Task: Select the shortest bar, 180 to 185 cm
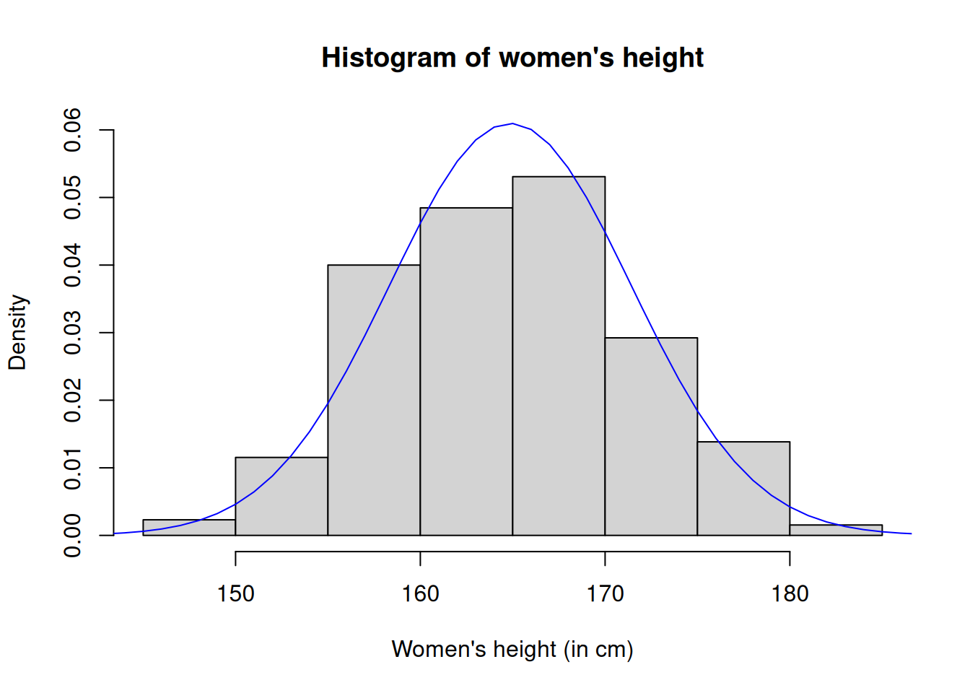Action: (x=836, y=530)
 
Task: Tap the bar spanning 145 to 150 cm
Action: (x=189, y=527)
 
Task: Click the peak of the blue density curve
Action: (x=512, y=123)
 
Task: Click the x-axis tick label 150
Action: (x=235, y=594)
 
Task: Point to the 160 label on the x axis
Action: (x=420, y=594)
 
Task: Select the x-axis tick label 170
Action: (x=605, y=594)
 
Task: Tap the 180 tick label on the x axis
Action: (x=790, y=594)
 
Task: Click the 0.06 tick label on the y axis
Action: (x=73, y=130)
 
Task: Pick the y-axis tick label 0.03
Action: (x=73, y=333)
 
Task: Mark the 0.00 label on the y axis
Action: (x=73, y=536)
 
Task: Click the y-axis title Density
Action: (x=17, y=333)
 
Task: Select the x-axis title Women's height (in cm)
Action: (x=512, y=650)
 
